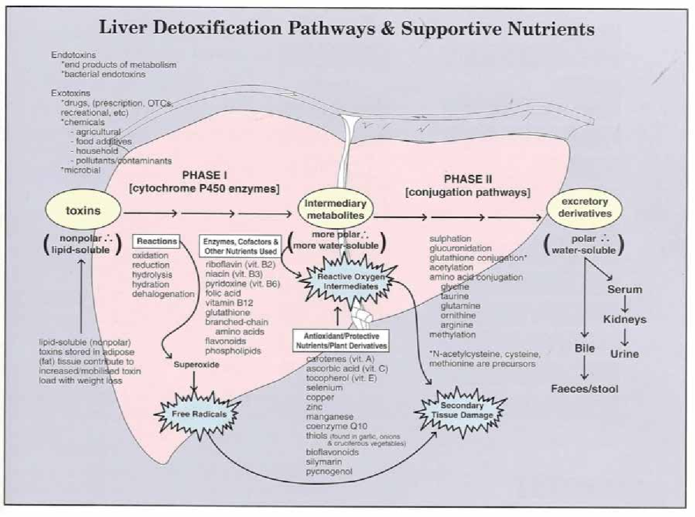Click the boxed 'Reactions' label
(x=150, y=240)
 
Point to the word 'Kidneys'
(x=624, y=319)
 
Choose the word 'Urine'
(x=624, y=354)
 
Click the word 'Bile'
(x=584, y=349)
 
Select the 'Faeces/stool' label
(x=584, y=388)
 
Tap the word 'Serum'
(x=624, y=289)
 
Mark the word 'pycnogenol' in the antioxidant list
(x=329, y=472)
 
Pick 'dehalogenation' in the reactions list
(x=163, y=294)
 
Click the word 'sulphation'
(x=450, y=238)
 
